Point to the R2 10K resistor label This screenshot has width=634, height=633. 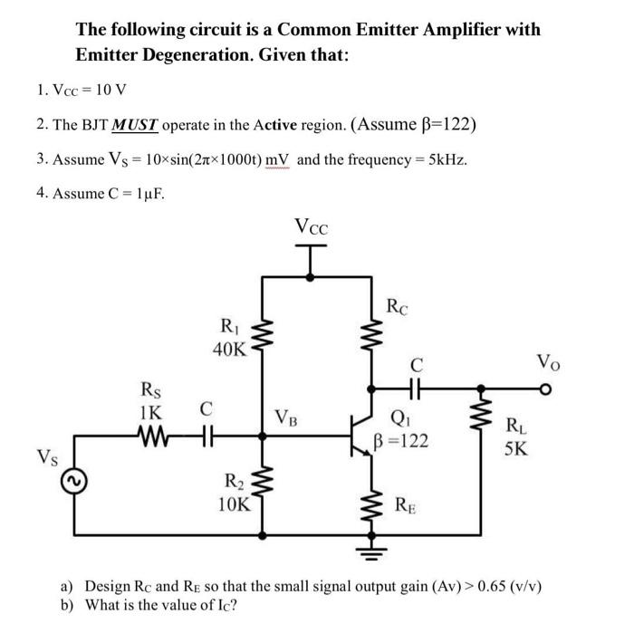234,493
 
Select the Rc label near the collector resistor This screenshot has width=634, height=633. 399,307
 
